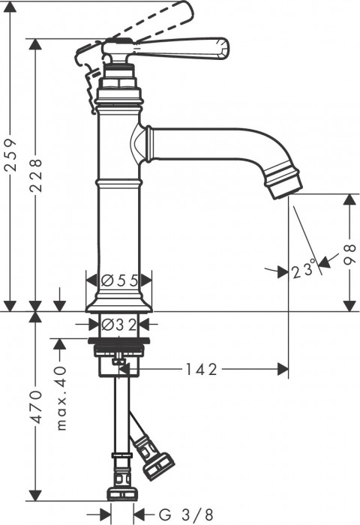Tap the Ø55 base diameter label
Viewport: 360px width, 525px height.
click(x=120, y=280)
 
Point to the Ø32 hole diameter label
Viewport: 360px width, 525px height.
click(x=120, y=324)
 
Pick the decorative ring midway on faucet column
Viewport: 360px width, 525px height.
click(x=118, y=181)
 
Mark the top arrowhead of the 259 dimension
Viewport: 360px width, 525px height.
click(x=9, y=6)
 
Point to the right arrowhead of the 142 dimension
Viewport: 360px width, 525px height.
click(x=283, y=368)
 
